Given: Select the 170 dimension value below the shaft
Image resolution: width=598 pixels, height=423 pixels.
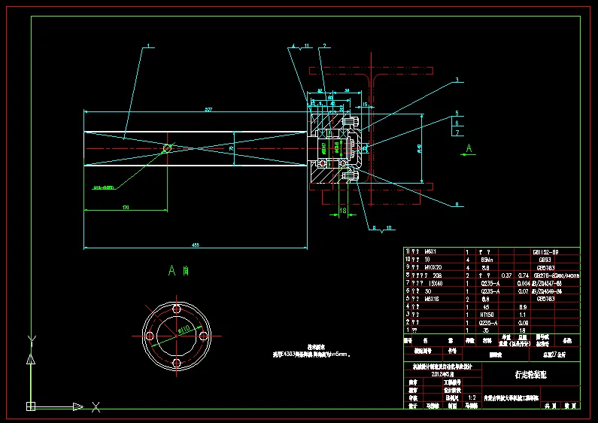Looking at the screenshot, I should pos(125,205).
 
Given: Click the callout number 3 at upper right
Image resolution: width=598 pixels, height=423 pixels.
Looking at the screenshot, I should pos(456,81).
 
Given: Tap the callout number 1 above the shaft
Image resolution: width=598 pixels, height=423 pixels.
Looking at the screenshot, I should pos(149,47).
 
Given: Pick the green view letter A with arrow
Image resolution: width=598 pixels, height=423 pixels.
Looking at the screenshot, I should pos(469,148).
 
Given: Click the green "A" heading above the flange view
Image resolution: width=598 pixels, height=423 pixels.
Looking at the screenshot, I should pos(172,269).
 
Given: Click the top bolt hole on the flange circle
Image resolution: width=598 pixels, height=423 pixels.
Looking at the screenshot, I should pos(176,309).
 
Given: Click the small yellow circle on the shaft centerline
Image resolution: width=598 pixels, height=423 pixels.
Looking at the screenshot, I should pos(167,149).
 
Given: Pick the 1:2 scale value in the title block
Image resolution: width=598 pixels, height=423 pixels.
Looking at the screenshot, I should pos(472,397).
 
